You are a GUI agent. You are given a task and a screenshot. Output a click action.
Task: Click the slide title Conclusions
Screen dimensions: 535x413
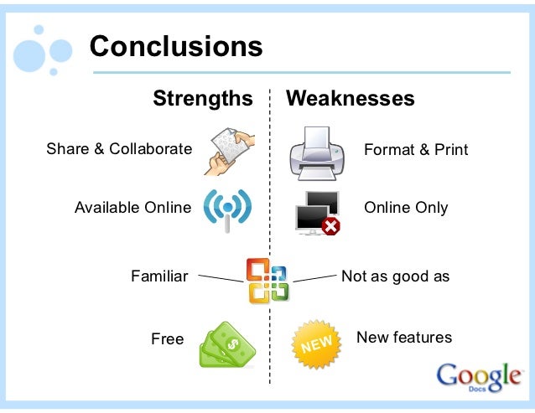[x=176, y=45]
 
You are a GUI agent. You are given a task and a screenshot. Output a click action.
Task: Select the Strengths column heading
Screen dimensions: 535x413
[x=202, y=99]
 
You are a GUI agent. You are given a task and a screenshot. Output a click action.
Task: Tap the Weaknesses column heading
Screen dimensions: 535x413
[x=351, y=99]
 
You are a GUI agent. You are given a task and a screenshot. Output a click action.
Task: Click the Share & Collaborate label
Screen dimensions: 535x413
[x=119, y=149]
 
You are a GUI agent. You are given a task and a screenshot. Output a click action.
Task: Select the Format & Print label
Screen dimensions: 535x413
[x=416, y=150]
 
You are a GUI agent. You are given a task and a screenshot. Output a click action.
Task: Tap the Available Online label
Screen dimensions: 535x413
[x=132, y=207]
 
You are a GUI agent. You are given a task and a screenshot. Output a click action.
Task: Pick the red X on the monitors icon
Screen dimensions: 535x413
[x=331, y=225]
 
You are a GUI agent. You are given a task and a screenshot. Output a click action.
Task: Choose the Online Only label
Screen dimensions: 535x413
[x=406, y=207]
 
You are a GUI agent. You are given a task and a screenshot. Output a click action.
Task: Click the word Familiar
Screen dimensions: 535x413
[x=159, y=276]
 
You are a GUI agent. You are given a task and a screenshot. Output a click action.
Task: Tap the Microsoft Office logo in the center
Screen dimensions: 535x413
[x=267, y=280]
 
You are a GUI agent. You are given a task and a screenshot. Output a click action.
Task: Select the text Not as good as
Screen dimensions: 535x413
[x=396, y=276]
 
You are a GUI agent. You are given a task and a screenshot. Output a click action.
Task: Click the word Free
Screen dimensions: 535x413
[x=168, y=339]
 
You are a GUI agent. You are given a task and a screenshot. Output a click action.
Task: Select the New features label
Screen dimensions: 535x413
[x=404, y=338]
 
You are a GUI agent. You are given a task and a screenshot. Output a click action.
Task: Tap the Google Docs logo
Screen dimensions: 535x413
[x=478, y=376]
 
